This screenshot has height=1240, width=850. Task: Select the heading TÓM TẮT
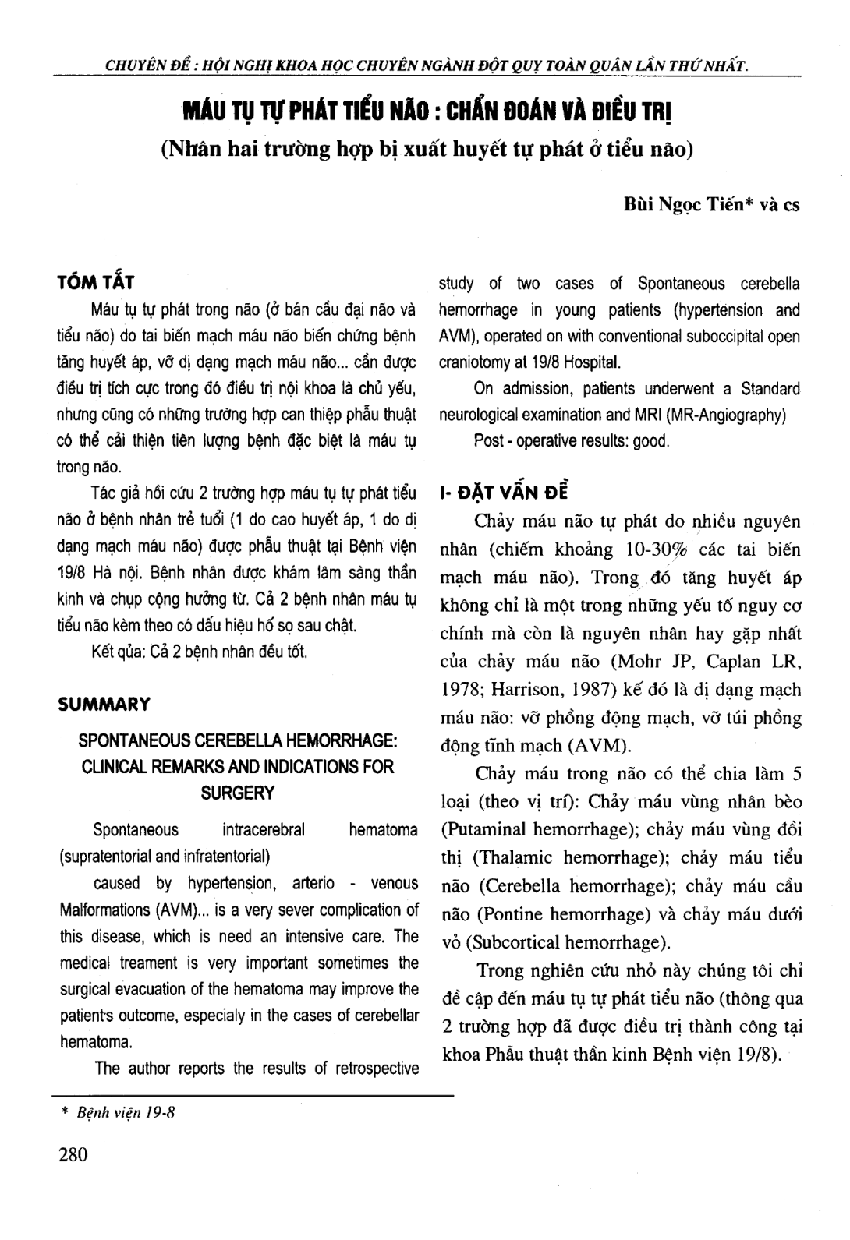pyautogui.click(x=97, y=282)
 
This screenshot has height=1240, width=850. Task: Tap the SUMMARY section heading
pyautogui.click(x=104, y=705)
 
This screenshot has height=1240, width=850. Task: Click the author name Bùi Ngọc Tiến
pyautogui.click(x=685, y=206)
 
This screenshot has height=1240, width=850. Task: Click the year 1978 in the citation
pyautogui.click(x=457, y=690)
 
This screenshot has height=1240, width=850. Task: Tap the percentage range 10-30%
pyautogui.click(x=660, y=549)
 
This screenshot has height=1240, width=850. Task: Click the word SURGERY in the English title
pyautogui.click(x=238, y=793)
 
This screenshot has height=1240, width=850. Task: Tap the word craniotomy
pyautogui.click(x=478, y=362)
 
